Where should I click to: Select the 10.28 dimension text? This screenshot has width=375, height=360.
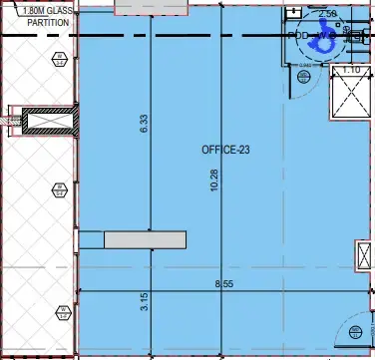(213, 180)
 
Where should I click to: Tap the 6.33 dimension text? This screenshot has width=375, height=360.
(145, 124)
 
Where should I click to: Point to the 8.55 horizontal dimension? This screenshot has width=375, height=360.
(222, 284)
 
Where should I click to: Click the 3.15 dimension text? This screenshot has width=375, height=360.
(145, 301)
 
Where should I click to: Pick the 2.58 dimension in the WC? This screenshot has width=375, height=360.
(327, 14)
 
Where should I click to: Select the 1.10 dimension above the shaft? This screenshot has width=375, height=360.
(350, 71)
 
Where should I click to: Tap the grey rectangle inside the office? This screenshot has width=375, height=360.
(146, 239)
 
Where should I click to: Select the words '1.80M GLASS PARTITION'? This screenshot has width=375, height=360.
(28, 17)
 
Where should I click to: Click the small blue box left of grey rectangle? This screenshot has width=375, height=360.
(91, 239)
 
